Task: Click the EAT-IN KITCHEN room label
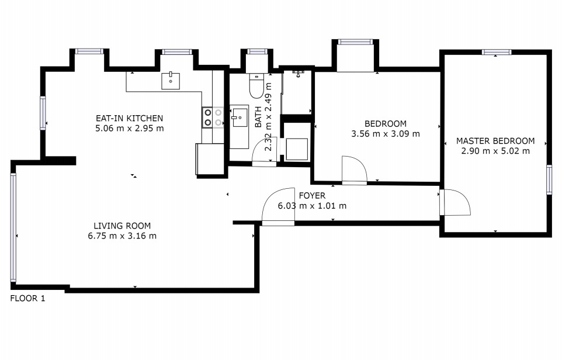click(x=129, y=118)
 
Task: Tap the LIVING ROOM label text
click(x=122, y=226)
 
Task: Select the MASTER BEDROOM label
click(x=495, y=141)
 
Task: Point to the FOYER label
click(x=312, y=195)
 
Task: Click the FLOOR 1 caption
click(x=27, y=298)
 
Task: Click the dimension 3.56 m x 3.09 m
click(x=386, y=134)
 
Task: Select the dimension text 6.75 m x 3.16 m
click(x=122, y=236)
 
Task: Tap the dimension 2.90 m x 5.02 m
click(x=495, y=151)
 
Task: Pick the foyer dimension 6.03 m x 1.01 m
click(x=312, y=206)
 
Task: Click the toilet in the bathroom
click(x=256, y=86)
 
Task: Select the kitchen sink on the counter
click(x=171, y=81)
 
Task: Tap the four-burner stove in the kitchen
click(x=213, y=117)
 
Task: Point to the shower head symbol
click(x=298, y=74)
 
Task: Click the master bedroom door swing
click(x=455, y=202)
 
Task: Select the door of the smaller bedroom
click(x=354, y=170)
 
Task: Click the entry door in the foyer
click(x=278, y=206)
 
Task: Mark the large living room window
click(x=13, y=227)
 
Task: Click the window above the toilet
click(x=257, y=51)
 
